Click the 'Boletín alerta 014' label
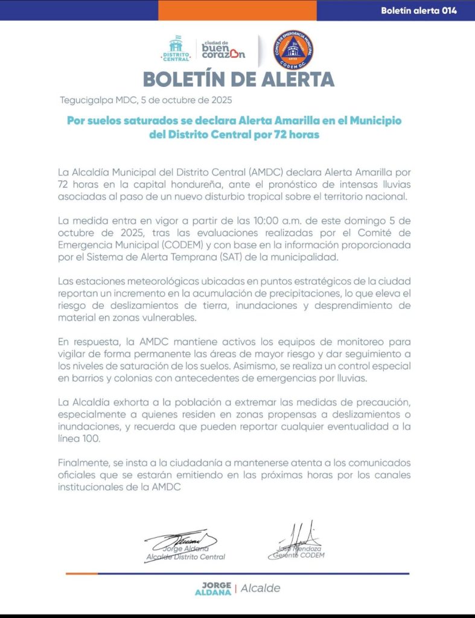pyautogui.click(x=419, y=10)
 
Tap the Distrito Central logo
pyautogui.click(x=176, y=48)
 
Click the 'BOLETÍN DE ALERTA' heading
pyautogui.click(x=238, y=79)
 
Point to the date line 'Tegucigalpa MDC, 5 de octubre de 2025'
pyautogui.click(x=146, y=100)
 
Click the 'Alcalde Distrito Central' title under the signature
pyautogui.click(x=186, y=556)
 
